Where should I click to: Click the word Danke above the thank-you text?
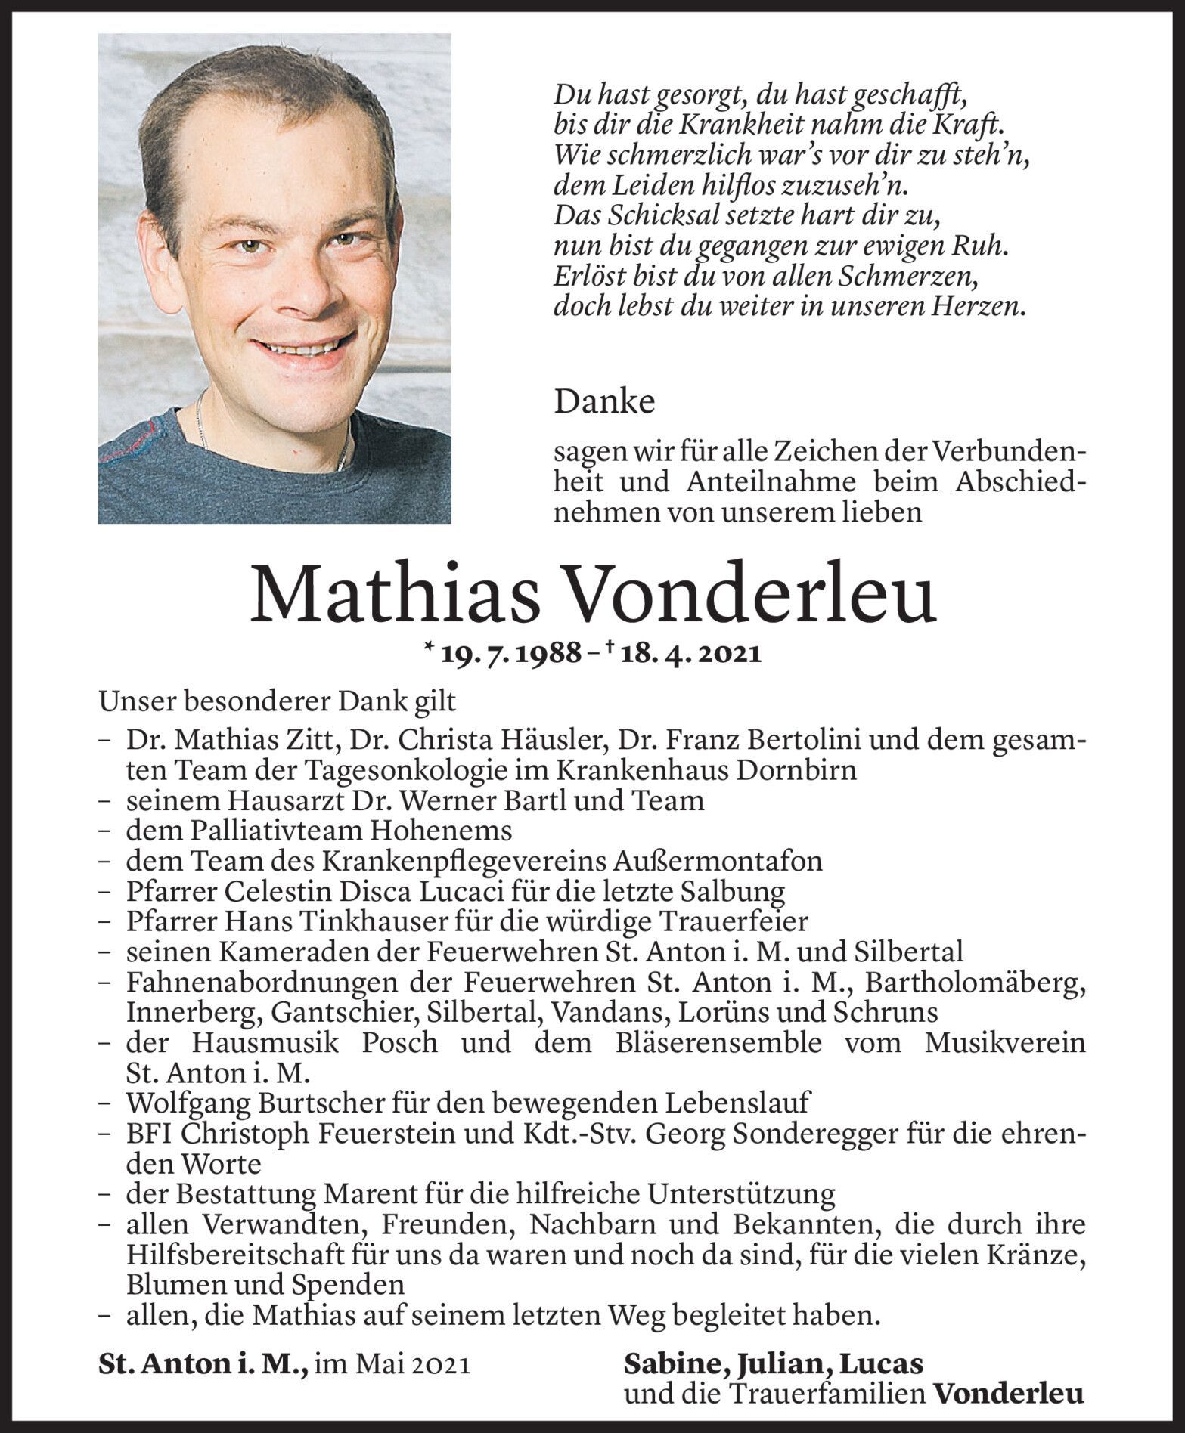(604, 402)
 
